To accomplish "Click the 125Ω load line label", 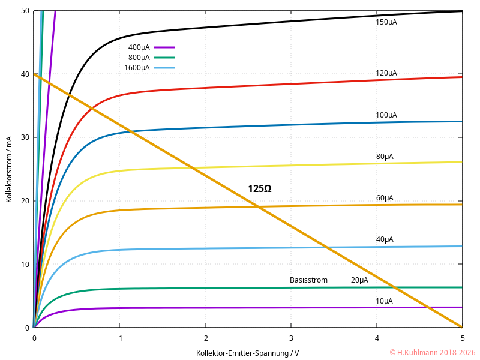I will (x=259, y=188).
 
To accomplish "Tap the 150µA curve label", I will (x=386, y=22).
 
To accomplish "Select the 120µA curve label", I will (x=386, y=73).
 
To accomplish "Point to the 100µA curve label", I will (x=386, y=115).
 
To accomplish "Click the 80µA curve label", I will (x=385, y=157).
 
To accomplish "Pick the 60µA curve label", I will (x=385, y=198).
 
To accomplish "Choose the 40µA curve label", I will (x=385, y=239).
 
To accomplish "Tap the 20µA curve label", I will (x=359, y=280).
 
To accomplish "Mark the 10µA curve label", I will (x=384, y=301).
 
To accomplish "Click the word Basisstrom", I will (x=308, y=280).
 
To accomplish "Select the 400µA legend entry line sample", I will (x=164, y=47).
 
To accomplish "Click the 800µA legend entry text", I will (x=139, y=58).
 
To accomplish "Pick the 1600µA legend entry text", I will (x=137, y=68).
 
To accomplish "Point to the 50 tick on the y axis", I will (x=25, y=11).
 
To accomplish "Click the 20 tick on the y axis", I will (x=25, y=201).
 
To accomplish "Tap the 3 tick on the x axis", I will (x=291, y=338).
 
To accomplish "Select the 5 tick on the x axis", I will (x=462, y=338).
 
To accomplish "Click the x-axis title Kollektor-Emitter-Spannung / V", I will (x=247, y=353).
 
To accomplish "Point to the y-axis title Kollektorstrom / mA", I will (x=9, y=169).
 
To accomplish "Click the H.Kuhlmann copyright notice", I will (x=432, y=353).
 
